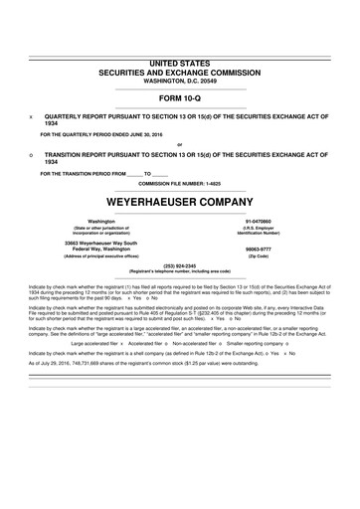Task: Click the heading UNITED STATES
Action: tap(180, 64)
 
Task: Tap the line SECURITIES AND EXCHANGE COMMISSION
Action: tap(180, 73)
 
